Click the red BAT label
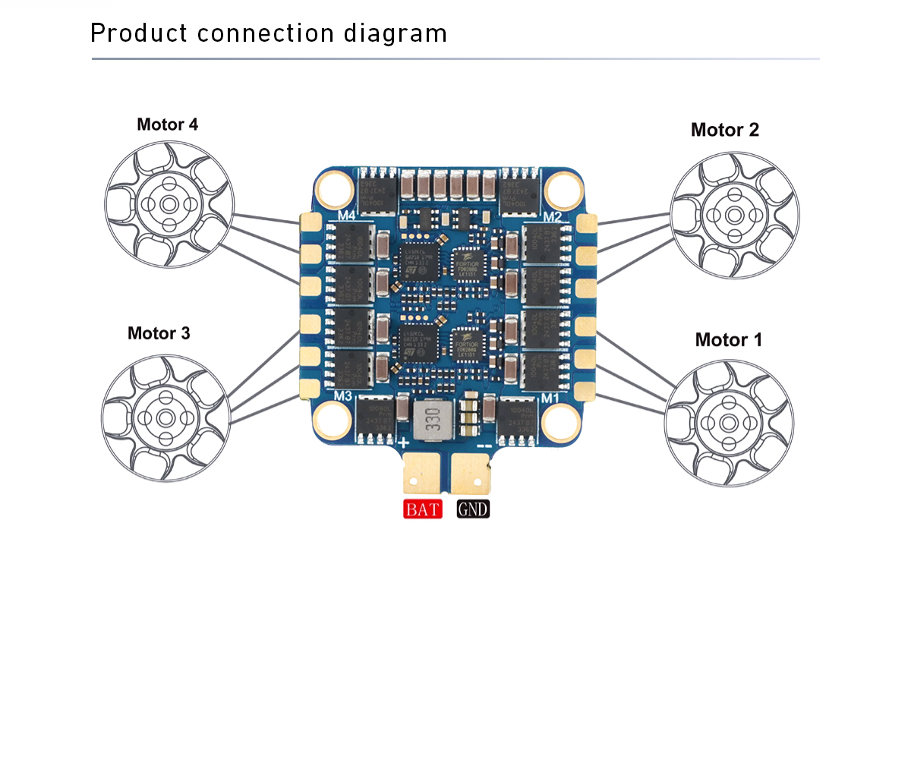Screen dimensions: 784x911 tap(422, 509)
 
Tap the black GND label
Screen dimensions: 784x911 tap(473, 509)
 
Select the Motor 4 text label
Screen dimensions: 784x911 tap(167, 124)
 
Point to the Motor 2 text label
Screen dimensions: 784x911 tap(724, 130)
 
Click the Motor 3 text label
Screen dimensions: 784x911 tap(159, 333)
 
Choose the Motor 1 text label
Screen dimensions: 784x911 tap(728, 340)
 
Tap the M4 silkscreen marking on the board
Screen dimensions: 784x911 tap(347, 216)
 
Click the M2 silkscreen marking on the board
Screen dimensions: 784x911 tap(552, 218)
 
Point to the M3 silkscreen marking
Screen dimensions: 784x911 tap(342, 395)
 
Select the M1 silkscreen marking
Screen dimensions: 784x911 tap(550, 398)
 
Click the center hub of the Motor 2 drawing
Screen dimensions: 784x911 tap(734, 216)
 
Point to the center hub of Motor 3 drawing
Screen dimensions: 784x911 tap(165, 417)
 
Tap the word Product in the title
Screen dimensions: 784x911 tap(139, 33)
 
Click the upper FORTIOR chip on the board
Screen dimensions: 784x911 tap(465, 263)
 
